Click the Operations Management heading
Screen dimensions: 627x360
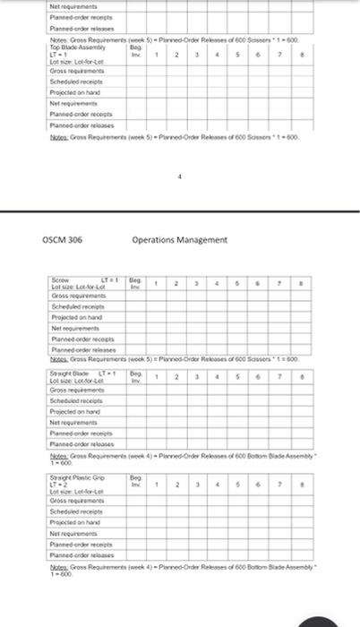tap(179, 239)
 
